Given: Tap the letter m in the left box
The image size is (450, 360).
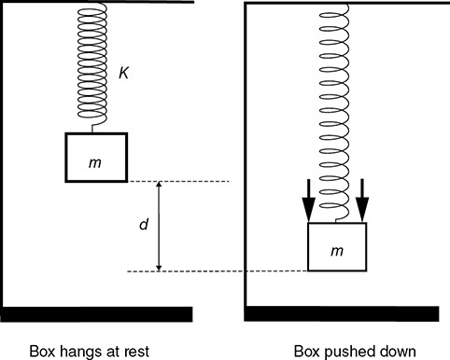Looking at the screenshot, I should coord(95,162).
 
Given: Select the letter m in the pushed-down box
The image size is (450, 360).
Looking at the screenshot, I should coord(337,250).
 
